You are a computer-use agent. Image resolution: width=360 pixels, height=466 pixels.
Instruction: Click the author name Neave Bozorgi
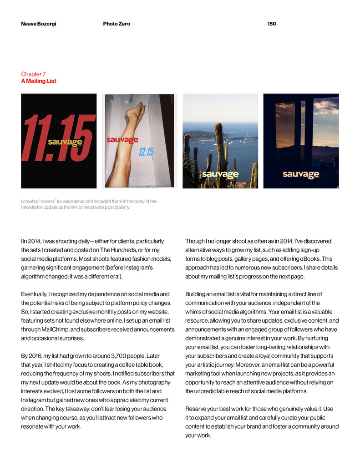(39, 24)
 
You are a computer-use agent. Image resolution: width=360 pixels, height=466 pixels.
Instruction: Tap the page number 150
(272, 24)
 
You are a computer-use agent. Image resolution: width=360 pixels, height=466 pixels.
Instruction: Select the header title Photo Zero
(117, 24)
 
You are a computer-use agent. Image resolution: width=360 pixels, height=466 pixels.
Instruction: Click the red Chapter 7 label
(33, 74)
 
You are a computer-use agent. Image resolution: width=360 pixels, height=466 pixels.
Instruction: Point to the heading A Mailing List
(39, 81)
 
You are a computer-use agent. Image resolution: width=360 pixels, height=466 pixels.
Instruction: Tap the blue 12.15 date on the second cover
(146, 152)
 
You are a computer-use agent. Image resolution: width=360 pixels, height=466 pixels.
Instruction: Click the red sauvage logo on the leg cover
(122, 140)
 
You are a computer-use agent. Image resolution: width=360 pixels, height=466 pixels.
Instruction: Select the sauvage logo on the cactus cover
(220, 174)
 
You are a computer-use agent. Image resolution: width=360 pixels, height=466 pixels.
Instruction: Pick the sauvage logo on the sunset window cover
(301, 174)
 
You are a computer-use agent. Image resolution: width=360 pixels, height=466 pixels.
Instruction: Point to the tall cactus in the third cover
(220, 146)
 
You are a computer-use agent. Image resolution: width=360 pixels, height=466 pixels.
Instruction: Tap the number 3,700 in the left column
(121, 355)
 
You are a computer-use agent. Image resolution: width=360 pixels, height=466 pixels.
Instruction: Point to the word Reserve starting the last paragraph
(196, 409)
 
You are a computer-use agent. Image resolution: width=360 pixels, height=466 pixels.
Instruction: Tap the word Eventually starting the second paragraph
(35, 294)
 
